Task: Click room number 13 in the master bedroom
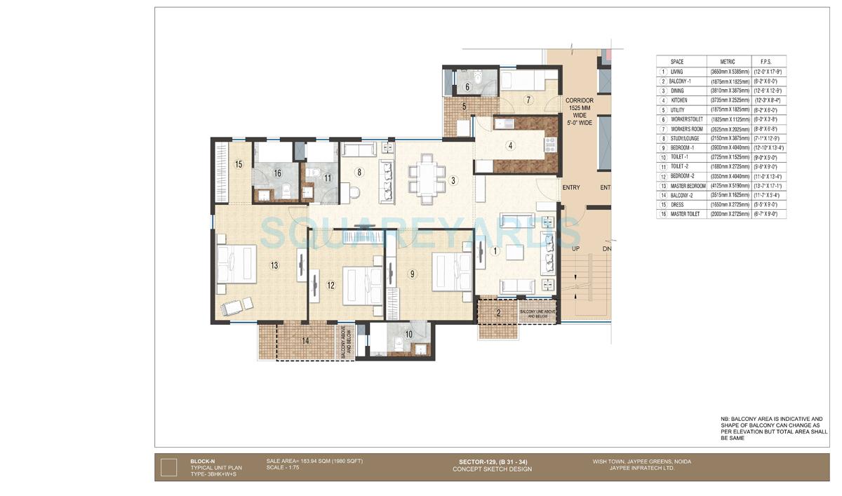click(274, 265)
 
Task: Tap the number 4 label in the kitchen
click(511, 146)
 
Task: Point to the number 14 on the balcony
click(305, 341)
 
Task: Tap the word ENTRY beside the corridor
click(571, 187)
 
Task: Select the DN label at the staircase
click(607, 249)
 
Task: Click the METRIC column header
click(722, 62)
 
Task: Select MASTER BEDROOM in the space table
click(688, 185)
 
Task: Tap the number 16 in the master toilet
click(277, 173)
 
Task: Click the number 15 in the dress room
click(239, 164)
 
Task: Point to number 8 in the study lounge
click(359, 171)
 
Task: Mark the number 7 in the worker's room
click(528, 99)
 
